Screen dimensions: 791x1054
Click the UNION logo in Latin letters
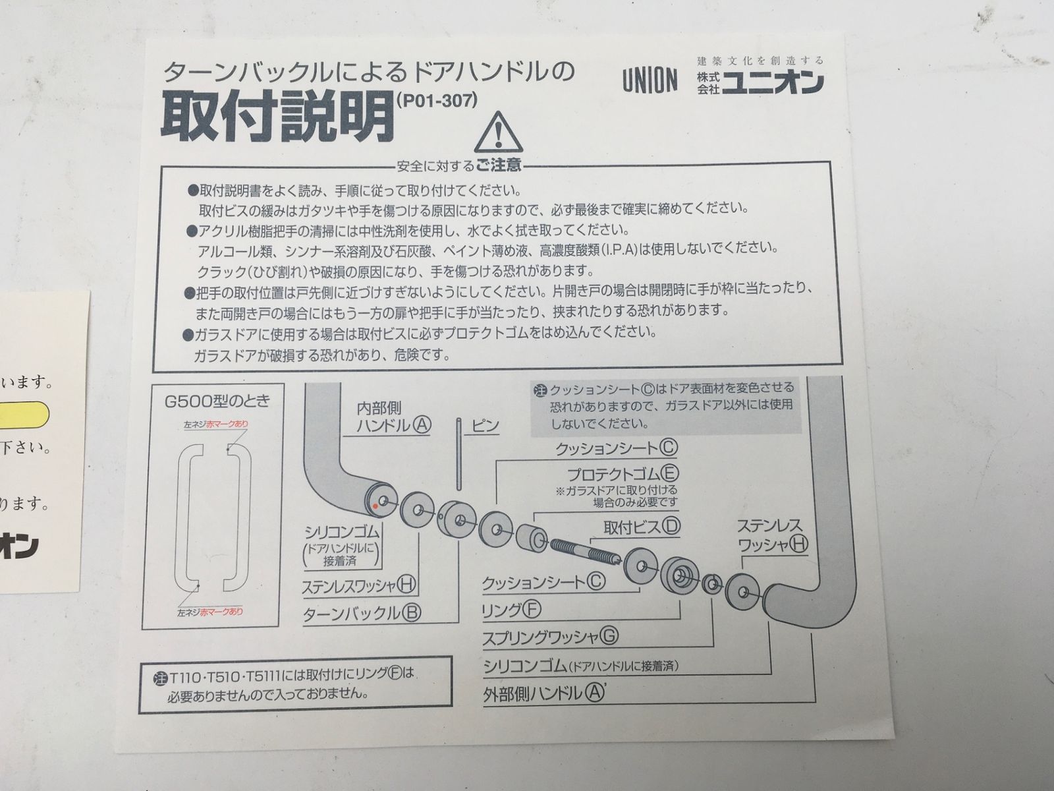pyautogui.click(x=650, y=80)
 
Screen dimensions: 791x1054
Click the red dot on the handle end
pyautogui.click(x=374, y=506)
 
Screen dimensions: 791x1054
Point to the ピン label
pyautogui.click(x=484, y=426)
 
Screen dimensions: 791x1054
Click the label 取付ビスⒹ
pyautogui.click(x=642, y=526)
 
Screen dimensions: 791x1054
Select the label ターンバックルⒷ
pyautogui.click(x=361, y=613)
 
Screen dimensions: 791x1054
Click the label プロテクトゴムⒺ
pyautogui.click(x=623, y=473)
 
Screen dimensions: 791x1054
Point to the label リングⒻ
pyautogui.click(x=511, y=609)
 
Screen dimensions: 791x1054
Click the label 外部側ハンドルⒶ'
pyautogui.click(x=543, y=693)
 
